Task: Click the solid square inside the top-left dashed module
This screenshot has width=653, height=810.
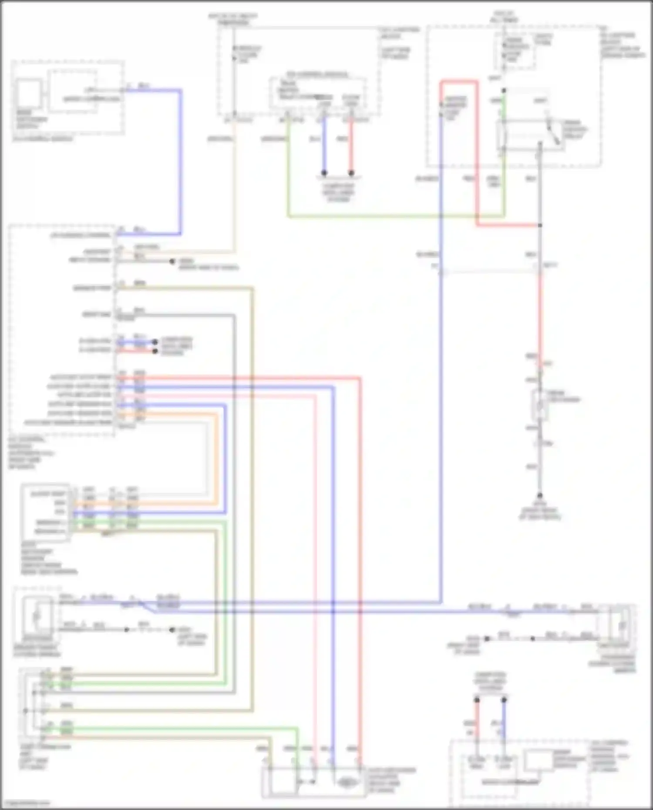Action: [29, 93]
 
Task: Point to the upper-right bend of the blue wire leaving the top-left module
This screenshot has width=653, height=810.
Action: [180, 91]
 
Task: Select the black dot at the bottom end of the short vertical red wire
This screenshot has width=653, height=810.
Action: [351, 173]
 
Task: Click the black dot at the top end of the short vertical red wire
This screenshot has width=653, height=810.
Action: [477, 700]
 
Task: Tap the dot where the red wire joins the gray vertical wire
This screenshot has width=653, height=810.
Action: [540, 225]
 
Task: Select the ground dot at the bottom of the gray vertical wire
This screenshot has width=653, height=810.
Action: [540, 496]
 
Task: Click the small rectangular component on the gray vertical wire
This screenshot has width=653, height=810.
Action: [540, 405]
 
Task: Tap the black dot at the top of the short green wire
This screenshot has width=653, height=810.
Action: [504, 91]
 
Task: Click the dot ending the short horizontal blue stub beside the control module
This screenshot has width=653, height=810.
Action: [155, 342]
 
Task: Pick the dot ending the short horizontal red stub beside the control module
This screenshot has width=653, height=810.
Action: [155, 351]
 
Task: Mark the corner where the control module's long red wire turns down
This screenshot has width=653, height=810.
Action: [360, 378]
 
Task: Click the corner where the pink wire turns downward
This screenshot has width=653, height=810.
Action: [314, 396]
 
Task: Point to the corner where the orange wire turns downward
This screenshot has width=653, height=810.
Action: [216, 414]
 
